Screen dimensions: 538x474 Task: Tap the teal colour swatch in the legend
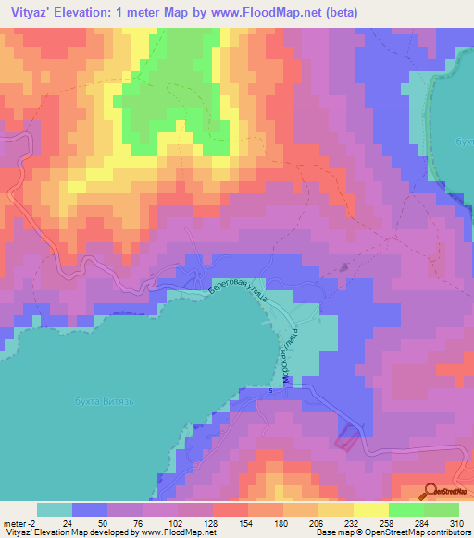tap(55, 509)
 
